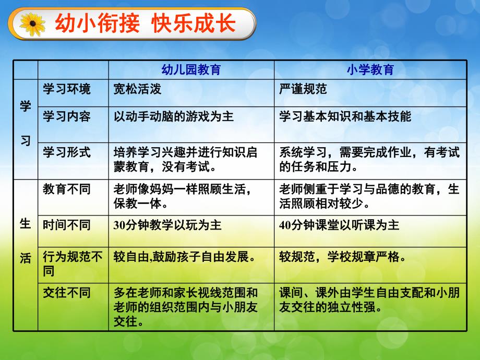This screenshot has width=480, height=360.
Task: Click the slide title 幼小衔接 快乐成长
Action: [145, 24]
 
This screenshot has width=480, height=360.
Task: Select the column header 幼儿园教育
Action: [191, 70]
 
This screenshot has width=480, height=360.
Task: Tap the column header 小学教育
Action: [370, 70]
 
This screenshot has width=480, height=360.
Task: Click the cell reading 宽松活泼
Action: [137, 89]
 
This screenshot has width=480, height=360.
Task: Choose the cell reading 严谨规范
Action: [303, 89]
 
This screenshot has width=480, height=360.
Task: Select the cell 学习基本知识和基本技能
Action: [345, 116]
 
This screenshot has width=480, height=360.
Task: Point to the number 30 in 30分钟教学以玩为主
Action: [119, 225]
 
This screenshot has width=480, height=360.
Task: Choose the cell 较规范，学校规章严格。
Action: [342, 257]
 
